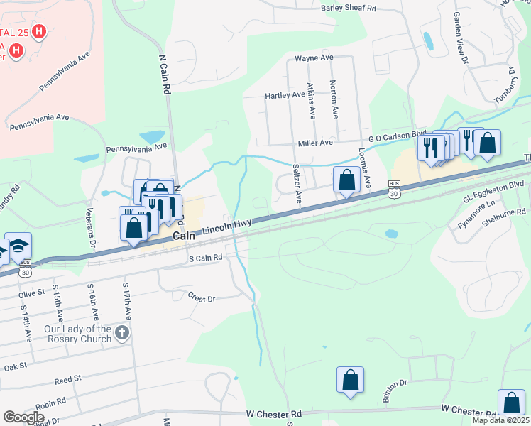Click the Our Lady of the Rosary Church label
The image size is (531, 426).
(x=78, y=334)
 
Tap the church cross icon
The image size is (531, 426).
(x=122, y=333)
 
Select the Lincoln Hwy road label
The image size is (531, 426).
(x=225, y=227)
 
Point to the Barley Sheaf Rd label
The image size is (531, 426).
(x=348, y=8)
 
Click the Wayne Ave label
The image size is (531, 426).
(x=314, y=58)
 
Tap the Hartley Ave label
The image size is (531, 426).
(x=285, y=95)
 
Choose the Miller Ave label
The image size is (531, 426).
(x=315, y=143)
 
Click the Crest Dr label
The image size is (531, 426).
(x=202, y=297)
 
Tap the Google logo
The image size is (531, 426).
(x=23, y=417)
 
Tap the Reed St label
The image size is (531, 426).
(x=67, y=381)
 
